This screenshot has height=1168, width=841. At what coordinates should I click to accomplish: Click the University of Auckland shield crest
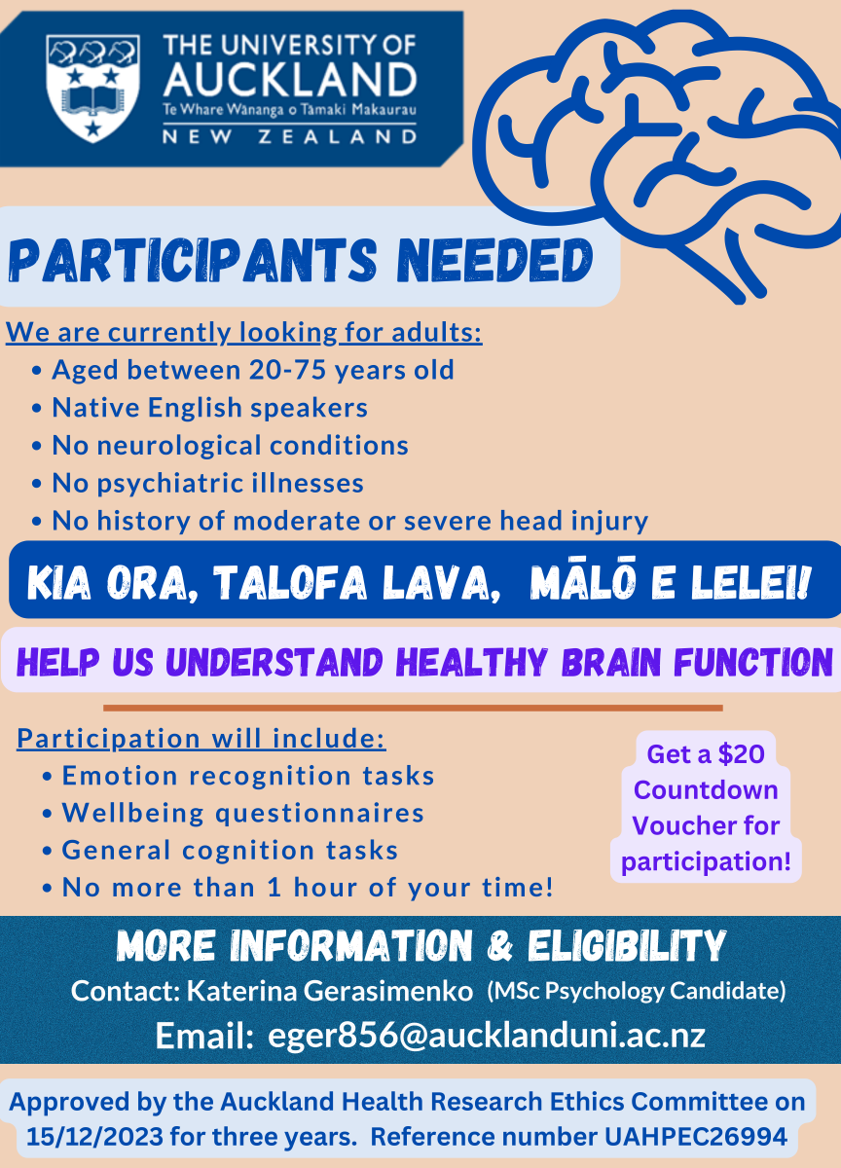(x=92, y=89)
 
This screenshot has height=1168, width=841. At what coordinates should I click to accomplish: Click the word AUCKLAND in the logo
(x=290, y=79)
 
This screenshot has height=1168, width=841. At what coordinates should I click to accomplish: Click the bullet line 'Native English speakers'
(x=209, y=407)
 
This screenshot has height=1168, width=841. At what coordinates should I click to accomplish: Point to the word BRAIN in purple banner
(x=612, y=662)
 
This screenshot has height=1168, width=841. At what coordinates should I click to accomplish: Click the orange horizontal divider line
(x=413, y=709)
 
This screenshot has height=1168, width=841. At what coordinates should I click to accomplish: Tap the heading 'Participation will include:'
(x=201, y=739)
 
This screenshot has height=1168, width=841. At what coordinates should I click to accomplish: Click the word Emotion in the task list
(x=120, y=776)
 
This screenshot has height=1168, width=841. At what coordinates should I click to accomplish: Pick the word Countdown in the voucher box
(x=706, y=790)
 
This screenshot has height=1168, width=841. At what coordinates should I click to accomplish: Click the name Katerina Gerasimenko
(x=330, y=991)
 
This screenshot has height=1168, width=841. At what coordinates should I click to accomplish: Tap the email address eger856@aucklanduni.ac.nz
(x=487, y=1036)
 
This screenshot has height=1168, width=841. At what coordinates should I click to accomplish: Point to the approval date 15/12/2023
(x=94, y=1137)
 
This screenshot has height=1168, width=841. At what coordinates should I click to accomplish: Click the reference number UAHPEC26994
(x=696, y=1137)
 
